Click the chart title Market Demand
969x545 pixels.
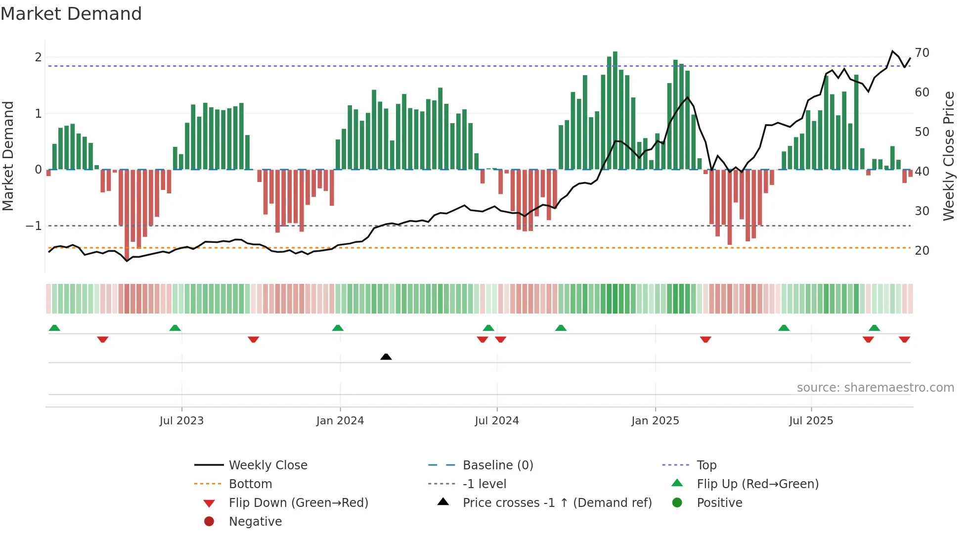71,14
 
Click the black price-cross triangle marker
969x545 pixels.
386,357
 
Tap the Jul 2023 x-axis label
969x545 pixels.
181,420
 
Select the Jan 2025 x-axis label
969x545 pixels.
655,420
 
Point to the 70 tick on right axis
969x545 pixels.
922,53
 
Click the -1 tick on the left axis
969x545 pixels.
34,226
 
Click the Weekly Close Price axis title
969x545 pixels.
949,156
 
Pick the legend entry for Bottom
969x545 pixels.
250,484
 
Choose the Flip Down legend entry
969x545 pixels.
298,502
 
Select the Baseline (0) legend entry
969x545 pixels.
497,465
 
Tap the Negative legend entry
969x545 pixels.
255,521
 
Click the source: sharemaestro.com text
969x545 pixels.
875,387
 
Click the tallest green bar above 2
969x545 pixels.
615,110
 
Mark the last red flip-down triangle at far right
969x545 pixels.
904,339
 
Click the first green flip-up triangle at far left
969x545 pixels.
54,328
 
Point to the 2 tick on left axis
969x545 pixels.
38,57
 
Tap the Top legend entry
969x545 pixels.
706,465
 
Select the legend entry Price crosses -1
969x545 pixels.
557,502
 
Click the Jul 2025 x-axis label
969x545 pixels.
811,420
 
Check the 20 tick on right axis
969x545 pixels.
922,251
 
